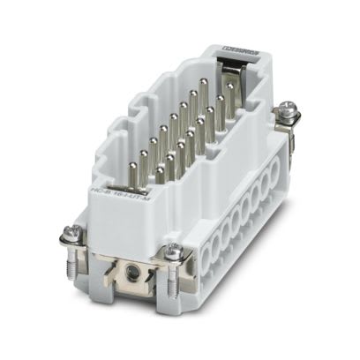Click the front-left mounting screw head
click(75, 233)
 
